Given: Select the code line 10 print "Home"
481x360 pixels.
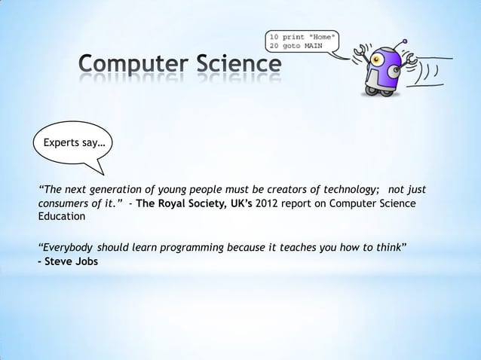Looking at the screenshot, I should point(302,35).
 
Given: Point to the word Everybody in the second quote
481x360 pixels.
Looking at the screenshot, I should point(66,247).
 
